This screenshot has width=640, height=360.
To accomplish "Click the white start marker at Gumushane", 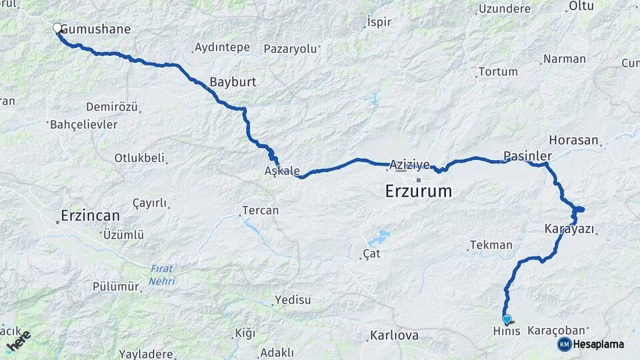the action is tap(57, 28).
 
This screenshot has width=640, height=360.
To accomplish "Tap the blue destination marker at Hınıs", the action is tap(507, 319).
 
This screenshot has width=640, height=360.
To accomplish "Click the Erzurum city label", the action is tap(418, 191).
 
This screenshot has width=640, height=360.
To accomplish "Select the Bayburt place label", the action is tap(233, 82).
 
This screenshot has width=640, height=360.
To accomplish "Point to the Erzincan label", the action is tap(90, 215).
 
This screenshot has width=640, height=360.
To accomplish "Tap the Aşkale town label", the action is tap(282, 171).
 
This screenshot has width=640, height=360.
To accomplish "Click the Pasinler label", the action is tap(527, 155).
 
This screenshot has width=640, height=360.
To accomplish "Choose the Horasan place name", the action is tap(573, 140).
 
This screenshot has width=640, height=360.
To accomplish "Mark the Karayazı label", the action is tap(569, 229).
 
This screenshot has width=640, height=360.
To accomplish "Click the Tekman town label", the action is tap(491, 245).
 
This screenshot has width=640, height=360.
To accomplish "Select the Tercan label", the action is tap(260, 210).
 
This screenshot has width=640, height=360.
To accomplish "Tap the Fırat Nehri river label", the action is tap(162, 275).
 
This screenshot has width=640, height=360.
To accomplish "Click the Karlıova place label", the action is tap(395, 335).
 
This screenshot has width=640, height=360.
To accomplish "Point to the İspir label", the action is tap(379, 22).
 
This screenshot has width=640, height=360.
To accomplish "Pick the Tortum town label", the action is tap(497, 71).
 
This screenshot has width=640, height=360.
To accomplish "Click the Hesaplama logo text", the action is tap(599, 344).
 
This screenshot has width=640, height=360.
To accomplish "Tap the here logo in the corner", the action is tap(18, 341).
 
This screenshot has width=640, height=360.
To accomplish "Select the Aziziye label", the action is tap(408, 164).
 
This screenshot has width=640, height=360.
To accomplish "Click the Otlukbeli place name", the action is tap(139, 158).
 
